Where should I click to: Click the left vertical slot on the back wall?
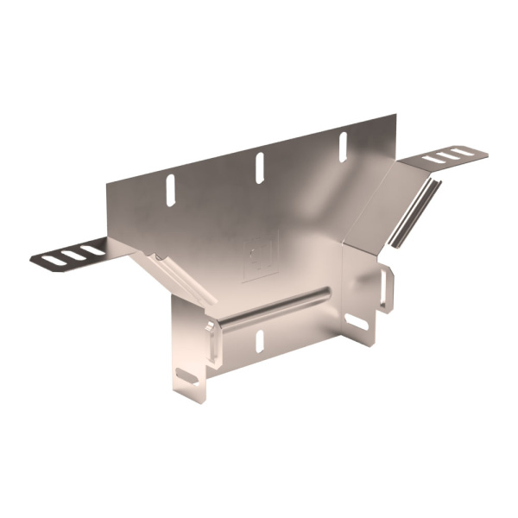tap(170, 189)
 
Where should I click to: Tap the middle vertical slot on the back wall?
tap(257, 166)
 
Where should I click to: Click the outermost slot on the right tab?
tap(467, 152)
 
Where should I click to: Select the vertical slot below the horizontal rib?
tap(257, 339)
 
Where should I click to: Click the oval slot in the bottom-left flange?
tap(186, 377)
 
